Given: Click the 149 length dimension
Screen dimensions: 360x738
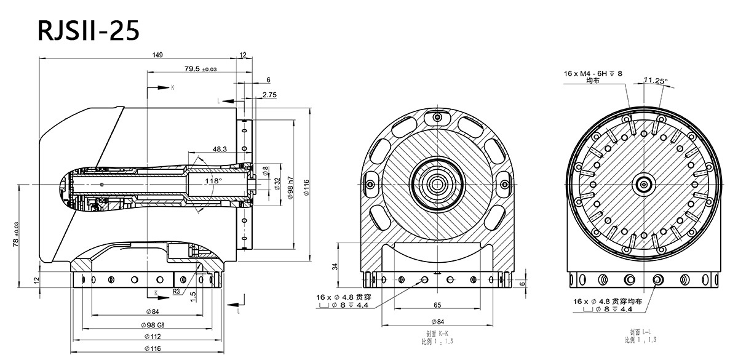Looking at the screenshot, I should [x=157, y=55].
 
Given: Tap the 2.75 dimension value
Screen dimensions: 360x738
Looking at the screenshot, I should [x=269, y=95].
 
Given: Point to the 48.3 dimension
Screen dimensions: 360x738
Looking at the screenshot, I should [x=220, y=149].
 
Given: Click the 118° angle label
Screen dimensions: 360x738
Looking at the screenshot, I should [x=213, y=182].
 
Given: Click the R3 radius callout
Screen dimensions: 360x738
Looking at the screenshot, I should [x=177, y=291].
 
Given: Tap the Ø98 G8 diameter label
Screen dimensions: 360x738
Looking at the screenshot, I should [x=148, y=325].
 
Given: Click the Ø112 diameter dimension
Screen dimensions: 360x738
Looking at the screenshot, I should [x=148, y=336].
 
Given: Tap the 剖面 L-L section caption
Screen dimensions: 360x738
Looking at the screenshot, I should [x=640, y=333].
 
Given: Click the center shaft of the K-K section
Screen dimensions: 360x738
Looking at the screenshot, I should [x=438, y=183].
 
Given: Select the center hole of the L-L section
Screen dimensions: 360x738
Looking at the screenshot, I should [x=643, y=183].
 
